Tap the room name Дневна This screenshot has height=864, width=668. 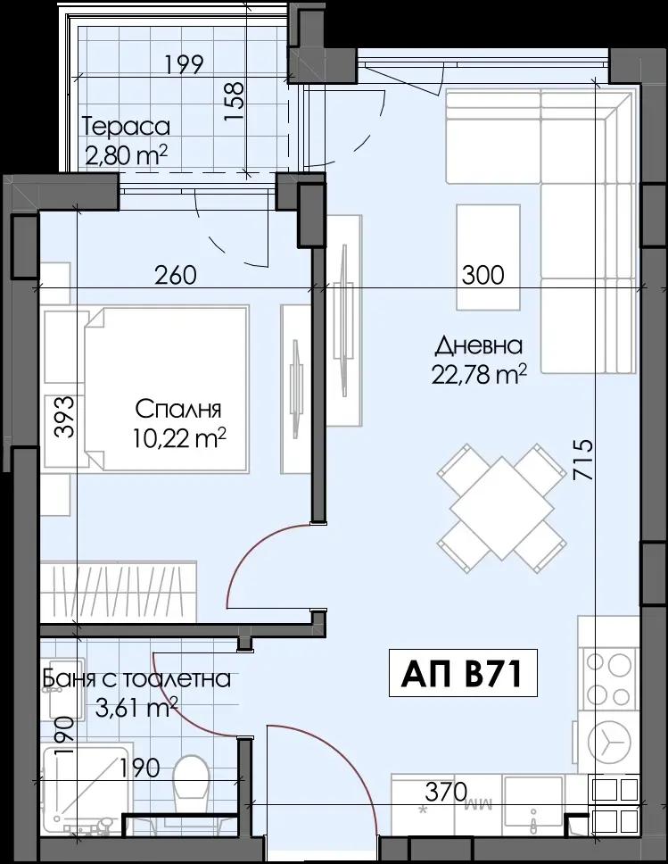pyautogui.click(x=479, y=346)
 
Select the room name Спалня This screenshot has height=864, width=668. pyautogui.click(x=178, y=410)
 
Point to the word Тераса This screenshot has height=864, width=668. pyautogui.click(x=126, y=128)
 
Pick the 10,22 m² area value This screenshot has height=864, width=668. pyautogui.click(x=179, y=438)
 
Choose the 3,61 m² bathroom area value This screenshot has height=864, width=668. pyautogui.click(x=136, y=707)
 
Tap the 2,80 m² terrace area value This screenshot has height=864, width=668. pyautogui.click(x=126, y=155)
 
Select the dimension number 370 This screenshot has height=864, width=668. pyautogui.click(x=446, y=793)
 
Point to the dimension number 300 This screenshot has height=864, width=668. pyautogui.click(x=482, y=274)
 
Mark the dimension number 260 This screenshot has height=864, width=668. pyautogui.click(x=175, y=274)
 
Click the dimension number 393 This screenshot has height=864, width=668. pyautogui.click(x=64, y=417)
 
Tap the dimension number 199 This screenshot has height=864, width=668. pyautogui.click(x=184, y=64)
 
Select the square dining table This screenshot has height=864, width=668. pyautogui.click(x=501, y=508)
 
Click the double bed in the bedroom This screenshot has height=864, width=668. pyautogui.click(x=165, y=389)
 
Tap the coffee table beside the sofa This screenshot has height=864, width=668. pyautogui.click(x=489, y=257)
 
